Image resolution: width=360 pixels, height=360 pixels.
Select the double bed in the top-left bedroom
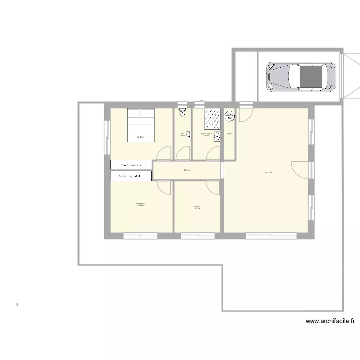[x=141, y=125]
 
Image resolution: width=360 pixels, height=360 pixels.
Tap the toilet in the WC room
[x=182, y=113]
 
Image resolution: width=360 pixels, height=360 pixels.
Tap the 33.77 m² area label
[x=268, y=173]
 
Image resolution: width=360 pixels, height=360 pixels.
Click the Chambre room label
[x=140, y=204]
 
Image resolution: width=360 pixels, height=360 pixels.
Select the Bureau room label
[x=197, y=207]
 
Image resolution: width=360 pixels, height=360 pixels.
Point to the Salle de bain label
[x=206, y=134]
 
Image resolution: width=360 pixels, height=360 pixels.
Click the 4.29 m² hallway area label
[x=187, y=170]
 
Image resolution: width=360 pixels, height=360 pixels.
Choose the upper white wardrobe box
[x=132, y=165]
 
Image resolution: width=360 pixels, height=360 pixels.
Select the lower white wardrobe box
[x=132, y=177]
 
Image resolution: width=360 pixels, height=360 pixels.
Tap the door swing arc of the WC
[x=181, y=153]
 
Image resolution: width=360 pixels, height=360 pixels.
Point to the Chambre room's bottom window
[x=140, y=235]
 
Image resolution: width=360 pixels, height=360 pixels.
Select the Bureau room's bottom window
[x=197, y=235]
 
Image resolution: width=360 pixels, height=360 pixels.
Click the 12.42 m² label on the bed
[x=141, y=137]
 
